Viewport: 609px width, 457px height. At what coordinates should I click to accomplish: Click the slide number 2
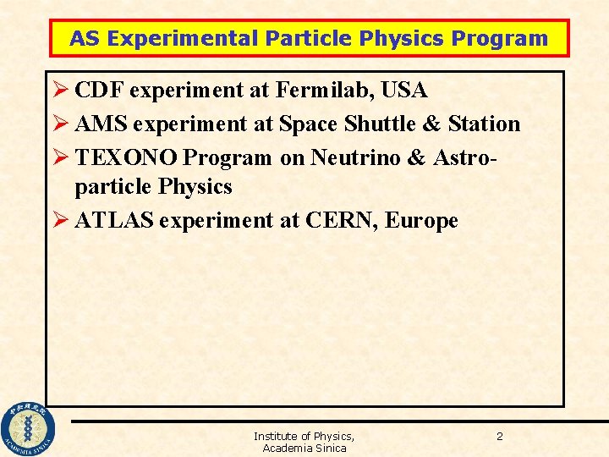499,436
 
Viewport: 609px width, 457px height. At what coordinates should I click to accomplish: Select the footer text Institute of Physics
304,436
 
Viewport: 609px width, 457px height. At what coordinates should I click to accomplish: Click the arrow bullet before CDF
60,90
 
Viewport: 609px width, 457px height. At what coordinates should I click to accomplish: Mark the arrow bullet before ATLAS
60,221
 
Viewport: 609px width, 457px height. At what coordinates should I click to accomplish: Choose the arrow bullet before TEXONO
60,157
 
